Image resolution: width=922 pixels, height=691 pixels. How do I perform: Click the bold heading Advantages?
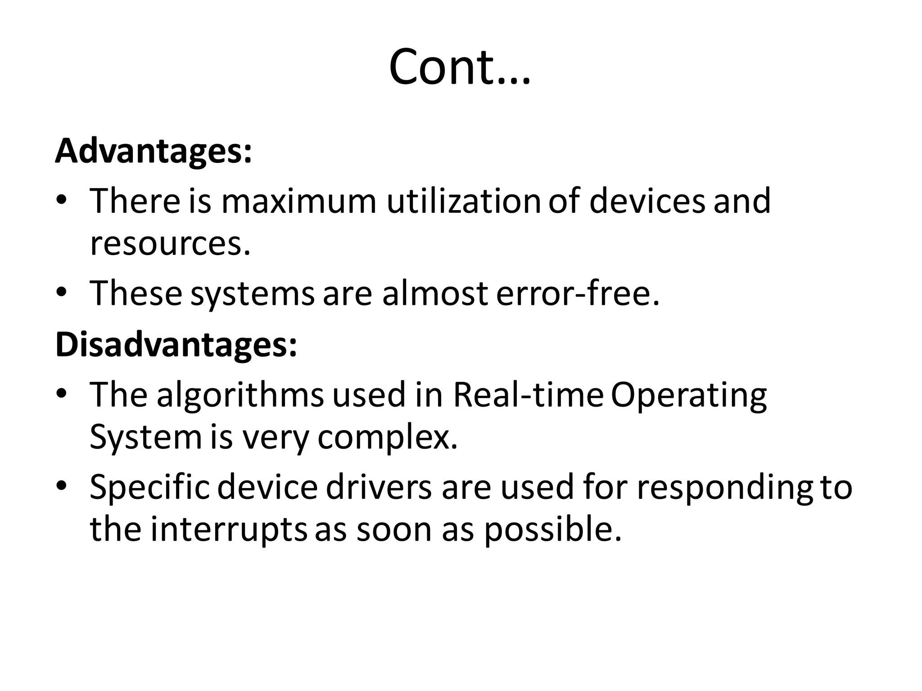click(154, 152)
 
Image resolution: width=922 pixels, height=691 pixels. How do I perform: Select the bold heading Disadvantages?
click(176, 345)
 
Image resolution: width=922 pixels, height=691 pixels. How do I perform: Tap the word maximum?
click(298, 201)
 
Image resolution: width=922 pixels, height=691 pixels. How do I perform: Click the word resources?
click(170, 243)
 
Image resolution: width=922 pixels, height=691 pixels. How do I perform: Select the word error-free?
click(578, 293)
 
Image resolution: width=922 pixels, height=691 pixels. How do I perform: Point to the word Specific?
click(149, 488)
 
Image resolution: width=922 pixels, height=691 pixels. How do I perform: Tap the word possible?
click(553, 530)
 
